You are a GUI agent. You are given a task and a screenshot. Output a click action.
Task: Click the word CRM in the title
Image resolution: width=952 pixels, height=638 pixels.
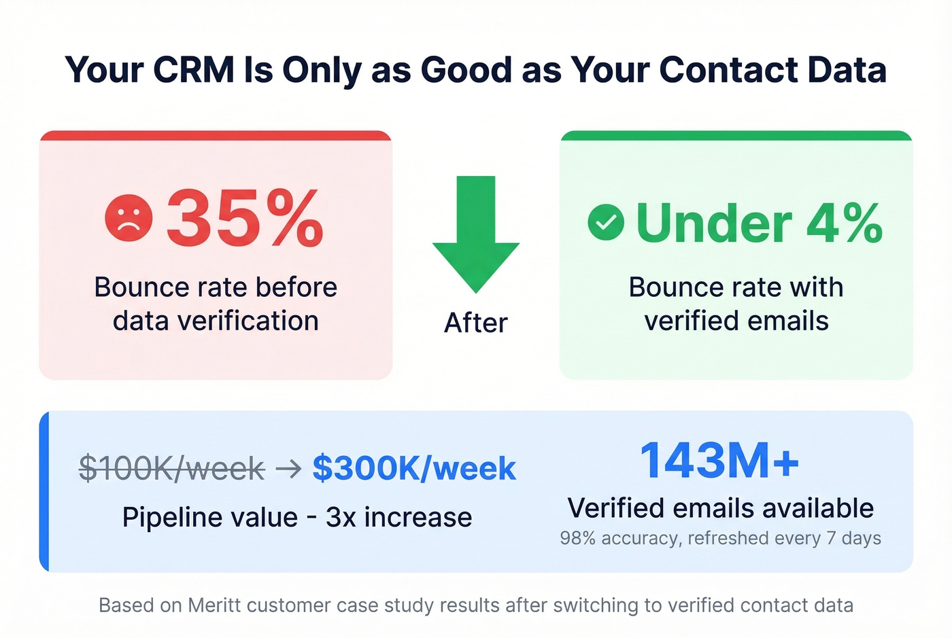point(194,69)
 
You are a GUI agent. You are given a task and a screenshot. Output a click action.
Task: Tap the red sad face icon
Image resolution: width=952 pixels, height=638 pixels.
point(129,218)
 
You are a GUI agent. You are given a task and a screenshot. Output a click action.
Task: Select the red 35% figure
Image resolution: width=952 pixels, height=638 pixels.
point(244,218)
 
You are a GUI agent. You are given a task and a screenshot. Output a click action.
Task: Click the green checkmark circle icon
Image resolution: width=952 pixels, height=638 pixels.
point(606,222)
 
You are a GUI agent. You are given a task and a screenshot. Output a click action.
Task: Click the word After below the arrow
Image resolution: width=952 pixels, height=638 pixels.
point(476,323)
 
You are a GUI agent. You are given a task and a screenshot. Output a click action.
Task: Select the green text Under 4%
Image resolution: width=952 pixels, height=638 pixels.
point(759,223)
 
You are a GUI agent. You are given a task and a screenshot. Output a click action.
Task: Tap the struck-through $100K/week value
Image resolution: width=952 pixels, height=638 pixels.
point(171,468)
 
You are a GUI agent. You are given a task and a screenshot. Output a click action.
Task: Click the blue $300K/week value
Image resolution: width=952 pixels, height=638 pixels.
point(414,468)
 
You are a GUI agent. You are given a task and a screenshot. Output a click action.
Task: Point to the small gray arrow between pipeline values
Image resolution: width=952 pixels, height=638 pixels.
point(288,468)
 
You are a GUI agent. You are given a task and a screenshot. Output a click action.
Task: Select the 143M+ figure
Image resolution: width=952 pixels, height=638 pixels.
point(719,461)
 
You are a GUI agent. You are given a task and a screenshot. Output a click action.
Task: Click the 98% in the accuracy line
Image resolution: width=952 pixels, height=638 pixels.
point(577,538)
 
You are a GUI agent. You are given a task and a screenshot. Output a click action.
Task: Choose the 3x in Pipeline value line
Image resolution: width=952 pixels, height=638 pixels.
point(341,517)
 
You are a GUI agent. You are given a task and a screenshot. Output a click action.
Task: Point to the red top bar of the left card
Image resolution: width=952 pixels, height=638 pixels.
point(216,136)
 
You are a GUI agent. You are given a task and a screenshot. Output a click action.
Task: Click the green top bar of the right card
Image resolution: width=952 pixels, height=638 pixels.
point(736,136)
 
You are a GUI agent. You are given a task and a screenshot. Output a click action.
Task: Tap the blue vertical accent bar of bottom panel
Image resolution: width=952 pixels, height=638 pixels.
point(44,491)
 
